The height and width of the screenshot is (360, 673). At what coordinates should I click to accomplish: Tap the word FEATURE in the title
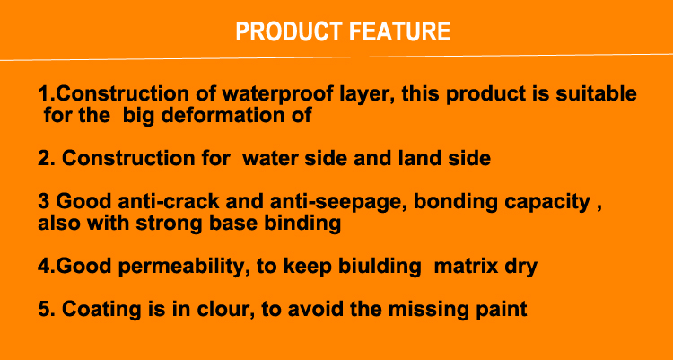pyautogui.click(x=399, y=31)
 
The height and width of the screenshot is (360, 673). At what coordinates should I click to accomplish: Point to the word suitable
pyautogui.click(x=596, y=93)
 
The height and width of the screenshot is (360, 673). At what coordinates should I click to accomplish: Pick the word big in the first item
pyautogui.click(x=138, y=117)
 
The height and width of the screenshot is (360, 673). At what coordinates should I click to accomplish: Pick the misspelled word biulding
pyautogui.click(x=380, y=268)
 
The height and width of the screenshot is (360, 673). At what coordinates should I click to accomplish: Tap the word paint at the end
pyautogui.click(x=502, y=310)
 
